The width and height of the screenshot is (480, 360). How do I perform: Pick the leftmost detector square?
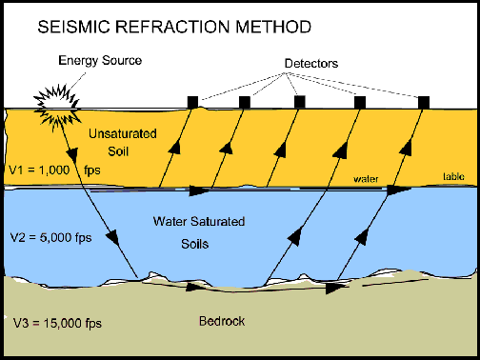point(191,102)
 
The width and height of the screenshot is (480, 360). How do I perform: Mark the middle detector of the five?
point(299,102)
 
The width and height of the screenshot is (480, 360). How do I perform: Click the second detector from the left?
point(245,102)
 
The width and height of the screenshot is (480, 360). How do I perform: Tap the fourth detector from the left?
point(360,102)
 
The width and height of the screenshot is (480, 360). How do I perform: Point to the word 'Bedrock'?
point(219,322)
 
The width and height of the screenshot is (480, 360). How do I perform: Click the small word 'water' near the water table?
point(366,177)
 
